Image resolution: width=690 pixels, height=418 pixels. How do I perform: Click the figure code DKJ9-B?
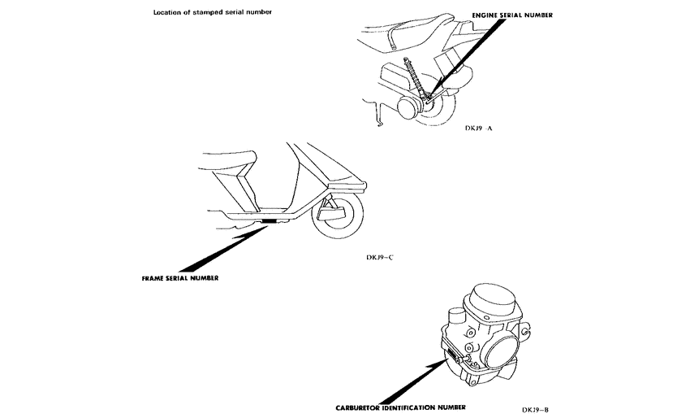(537, 409)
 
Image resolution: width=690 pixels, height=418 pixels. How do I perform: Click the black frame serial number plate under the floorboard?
(269, 221)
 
